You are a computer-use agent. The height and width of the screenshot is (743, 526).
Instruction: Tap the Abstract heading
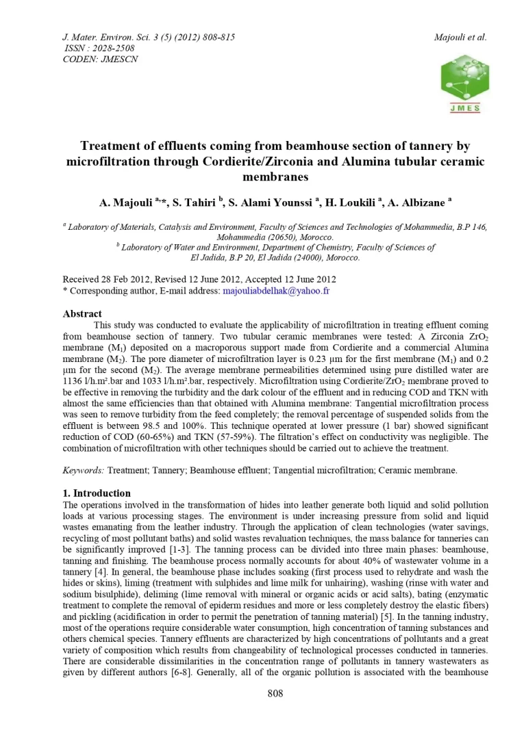[x=82, y=314]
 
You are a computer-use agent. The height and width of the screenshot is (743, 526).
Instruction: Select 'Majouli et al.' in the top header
[x=460, y=37]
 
